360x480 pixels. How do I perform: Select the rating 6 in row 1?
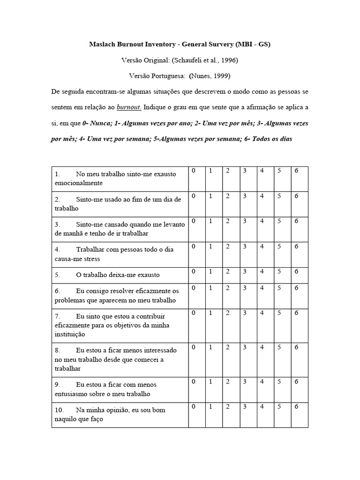[296, 171]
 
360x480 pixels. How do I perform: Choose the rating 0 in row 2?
[193, 196]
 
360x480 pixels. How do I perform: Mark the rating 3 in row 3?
[245, 221]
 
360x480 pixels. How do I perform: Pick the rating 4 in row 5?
[262, 271]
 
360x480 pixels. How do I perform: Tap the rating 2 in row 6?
[227, 288]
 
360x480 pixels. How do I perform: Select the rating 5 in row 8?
[279, 347]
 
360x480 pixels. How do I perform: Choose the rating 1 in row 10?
[210, 406]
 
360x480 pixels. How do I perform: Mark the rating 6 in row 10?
[296, 406]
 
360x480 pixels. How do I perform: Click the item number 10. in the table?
[60, 410]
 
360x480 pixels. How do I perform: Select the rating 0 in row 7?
[193, 313]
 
